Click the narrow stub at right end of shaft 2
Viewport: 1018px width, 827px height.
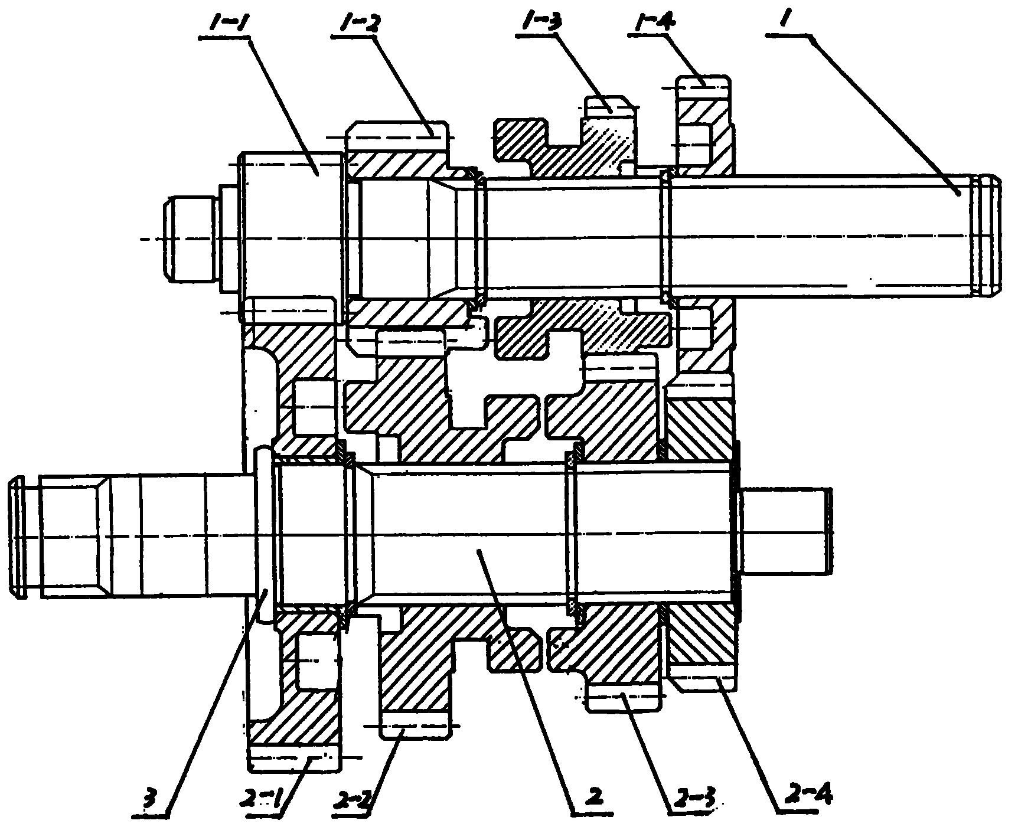tap(785, 531)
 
